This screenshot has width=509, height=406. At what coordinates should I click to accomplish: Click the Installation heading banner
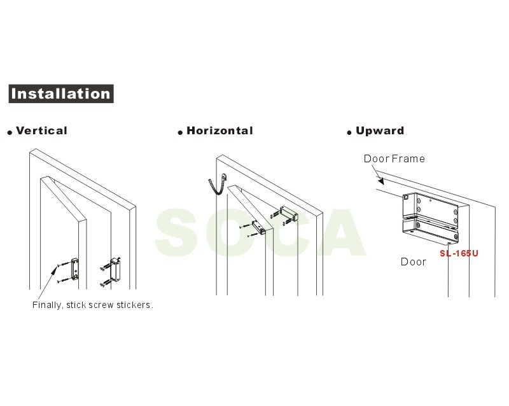point(61,94)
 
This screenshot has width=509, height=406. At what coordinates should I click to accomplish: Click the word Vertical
point(41,130)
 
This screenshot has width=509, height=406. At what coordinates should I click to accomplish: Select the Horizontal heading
point(220,130)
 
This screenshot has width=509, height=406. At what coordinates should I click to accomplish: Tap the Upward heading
point(380,130)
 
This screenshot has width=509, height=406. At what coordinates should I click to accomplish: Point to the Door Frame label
point(394,158)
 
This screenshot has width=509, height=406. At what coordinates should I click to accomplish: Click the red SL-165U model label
point(459,253)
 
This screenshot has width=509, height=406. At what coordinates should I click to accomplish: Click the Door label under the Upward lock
point(413,262)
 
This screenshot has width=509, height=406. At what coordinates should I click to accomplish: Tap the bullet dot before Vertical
point(10,132)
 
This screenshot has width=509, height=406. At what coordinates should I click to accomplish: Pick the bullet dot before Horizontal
point(180,132)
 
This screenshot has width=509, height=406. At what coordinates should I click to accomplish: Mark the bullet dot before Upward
point(349,132)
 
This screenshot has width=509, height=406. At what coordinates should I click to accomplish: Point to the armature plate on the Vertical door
point(74,269)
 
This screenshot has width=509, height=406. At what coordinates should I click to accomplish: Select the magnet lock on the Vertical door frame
point(115,270)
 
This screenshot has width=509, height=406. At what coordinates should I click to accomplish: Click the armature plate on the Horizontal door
point(259,227)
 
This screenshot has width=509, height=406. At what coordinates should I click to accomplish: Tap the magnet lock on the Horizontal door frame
point(288,213)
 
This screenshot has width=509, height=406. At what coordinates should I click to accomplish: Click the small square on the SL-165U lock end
point(406,197)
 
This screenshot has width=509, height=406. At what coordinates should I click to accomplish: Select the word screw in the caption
point(101,305)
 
